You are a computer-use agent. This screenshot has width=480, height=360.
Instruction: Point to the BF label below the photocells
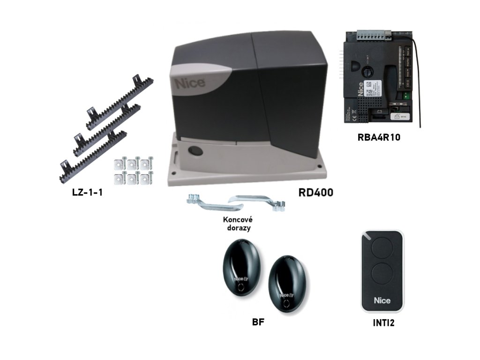point(259,323)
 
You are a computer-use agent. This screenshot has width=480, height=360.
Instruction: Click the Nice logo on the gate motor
point(190,83)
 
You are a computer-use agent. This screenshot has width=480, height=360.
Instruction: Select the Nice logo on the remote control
point(382,300)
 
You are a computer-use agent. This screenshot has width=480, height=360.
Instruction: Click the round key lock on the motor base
point(193,151)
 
